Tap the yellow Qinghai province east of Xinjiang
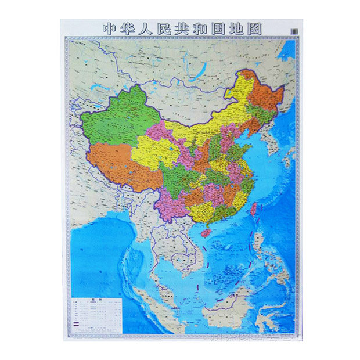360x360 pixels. [x=154, y=154]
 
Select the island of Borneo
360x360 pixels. [x=232, y=302]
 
